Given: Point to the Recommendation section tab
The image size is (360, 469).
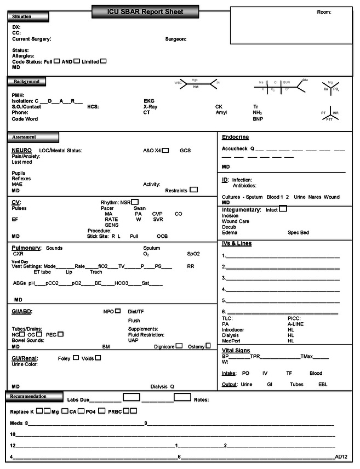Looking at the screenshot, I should pyautogui.click(x=33, y=396).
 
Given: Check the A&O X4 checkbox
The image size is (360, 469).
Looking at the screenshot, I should pyautogui.click(x=165, y=150).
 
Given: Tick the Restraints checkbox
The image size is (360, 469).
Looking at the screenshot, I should pyautogui.click(x=193, y=190).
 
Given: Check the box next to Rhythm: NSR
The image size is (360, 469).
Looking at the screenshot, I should pyautogui.click(x=135, y=202).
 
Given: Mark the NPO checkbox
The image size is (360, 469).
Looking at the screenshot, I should pyautogui.click(x=118, y=311).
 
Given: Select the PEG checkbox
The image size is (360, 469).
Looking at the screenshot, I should pyautogui.click(x=60, y=334).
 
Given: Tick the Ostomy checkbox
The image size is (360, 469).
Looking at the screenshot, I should pyautogui.click(x=208, y=346).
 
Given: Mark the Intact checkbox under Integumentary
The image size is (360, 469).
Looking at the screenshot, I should pyautogui.click(x=283, y=209).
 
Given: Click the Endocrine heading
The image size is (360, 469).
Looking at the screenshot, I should pyautogui.click(x=236, y=138).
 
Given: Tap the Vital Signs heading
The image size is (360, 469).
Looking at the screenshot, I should pyautogui.click(x=236, y=350).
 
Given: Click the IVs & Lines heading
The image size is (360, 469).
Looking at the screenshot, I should pyautogui.click(x=237, y=243).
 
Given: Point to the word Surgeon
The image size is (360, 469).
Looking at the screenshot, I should pyautogui.click(x=176, y=39).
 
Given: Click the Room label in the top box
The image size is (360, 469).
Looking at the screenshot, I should pyautogui.click(x=324, y=12).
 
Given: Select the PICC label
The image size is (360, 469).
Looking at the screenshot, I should pyautogui.click(x=294, y=318).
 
